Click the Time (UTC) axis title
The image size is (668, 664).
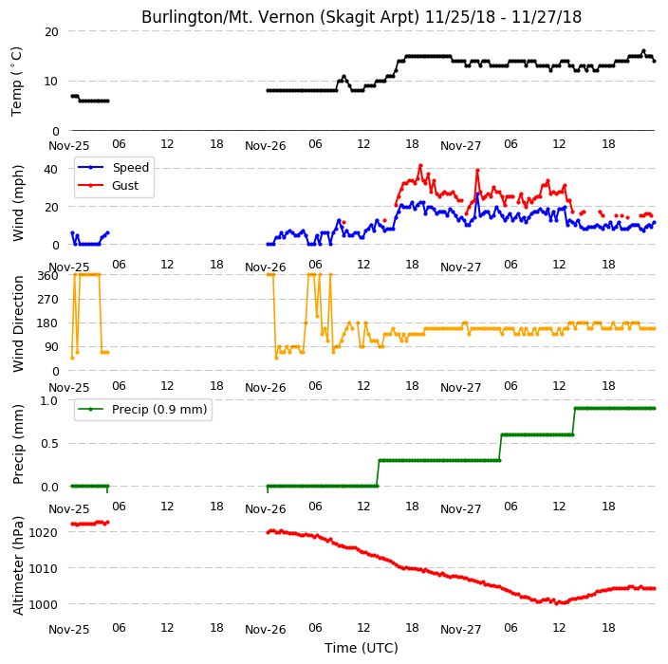pyautogui.click(x=362, y=648)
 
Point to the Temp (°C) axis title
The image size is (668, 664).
pyautogui.click(x=16, y=82)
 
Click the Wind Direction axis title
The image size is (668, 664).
pyautogui.click(x=17, y=324)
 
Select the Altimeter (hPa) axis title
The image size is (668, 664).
pyautogui.click(x=17, y=565)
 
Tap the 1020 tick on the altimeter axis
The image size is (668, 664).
pyautogui.click(x=43, y=532)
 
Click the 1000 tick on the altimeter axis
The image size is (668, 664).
pyautogui.click(x=43, y=604)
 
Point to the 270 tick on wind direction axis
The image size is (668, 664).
pyautogui.click(x=47, y=300)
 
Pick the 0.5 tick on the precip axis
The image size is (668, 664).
pyautogui.click(x=49, y=443)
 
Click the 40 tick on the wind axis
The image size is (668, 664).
pyautogui.click(x=50, y=169)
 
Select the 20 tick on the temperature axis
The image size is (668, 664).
pyautogui.click(x=51, y=31)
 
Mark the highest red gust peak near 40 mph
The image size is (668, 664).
pyautogui.click(x=420, y=165)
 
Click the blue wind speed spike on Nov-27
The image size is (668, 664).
pyautogui.click(x=477, y=194)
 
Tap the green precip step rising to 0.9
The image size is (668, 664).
pyautogui.click(x=574, y=422)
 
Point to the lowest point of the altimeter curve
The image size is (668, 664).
pyautogui.click(x=556, y=603)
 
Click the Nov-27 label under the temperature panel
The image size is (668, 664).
pyautogui.click(x=460, y=146)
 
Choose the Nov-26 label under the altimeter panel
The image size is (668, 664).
pyautogui.click(x=265, y=630)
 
